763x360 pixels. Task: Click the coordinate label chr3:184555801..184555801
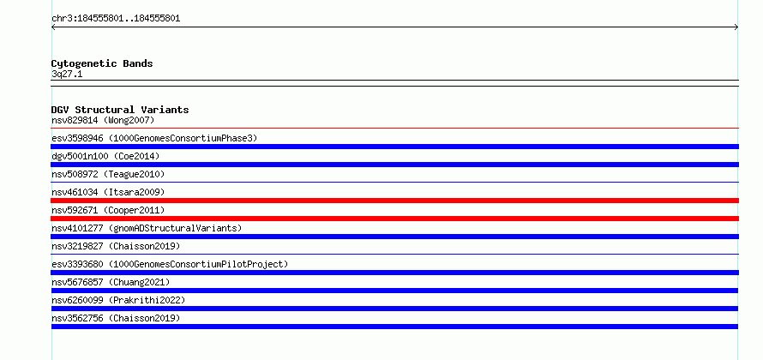point(116,19)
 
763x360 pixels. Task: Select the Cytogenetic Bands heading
point(102,63)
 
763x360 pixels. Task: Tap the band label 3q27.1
point(67,75)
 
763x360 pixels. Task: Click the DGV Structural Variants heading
point(120,110)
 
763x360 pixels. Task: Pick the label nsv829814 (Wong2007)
point(103,120)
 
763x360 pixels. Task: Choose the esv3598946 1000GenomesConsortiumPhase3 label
point(154,138)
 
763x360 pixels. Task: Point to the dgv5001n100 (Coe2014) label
point(105,156)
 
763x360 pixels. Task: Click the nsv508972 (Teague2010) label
point(108,174)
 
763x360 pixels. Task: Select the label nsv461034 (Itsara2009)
point(108,192)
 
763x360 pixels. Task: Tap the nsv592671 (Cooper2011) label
point(108,210)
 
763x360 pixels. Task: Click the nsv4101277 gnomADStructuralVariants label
point(147,228)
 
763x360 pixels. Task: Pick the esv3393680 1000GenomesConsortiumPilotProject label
point(170,264)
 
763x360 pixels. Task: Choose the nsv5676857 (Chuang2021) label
point(111,282)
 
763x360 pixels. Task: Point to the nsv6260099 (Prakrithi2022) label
point(118,300)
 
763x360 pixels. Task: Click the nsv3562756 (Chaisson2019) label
point(116,318)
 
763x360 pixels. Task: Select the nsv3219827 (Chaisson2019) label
point(116,246)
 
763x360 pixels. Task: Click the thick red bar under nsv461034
point(394,201)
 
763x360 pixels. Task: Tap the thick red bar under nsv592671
point(394,219)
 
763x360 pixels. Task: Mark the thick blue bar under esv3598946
point(394,147)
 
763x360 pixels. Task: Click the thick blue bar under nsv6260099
point(394,309)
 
